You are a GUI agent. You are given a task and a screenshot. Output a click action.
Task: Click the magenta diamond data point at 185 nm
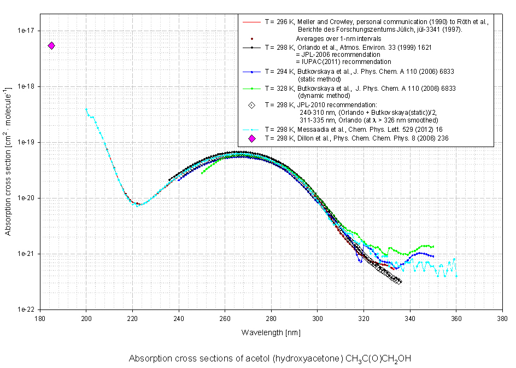click(51, 46)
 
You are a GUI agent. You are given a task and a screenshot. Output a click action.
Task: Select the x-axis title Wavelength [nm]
click(271, 332)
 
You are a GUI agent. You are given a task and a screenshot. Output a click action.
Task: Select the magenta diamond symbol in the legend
click(252, 138)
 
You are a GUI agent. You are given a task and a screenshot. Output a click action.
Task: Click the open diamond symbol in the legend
click(252, 106)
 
